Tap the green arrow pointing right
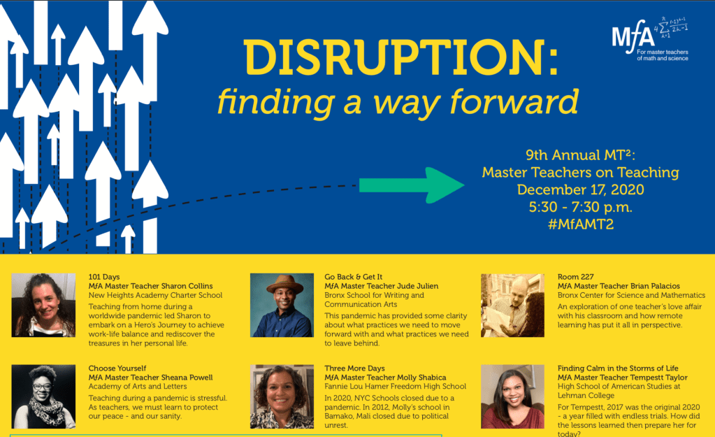[x=412, y=185]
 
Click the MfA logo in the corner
[x=650, y=40]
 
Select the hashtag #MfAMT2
[x=581, y=224]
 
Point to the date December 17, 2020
[x=581, y=189]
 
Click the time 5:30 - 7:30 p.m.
[x=581, y=207]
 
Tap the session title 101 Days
[x=104, y=277]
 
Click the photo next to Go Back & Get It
[x=282, y=305]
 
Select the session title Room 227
[x=575, y=277]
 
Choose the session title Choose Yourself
[x=117, y=368]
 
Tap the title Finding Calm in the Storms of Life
[x=618, y=368]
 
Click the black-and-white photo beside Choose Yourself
[x=43, y=396]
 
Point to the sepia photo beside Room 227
[x=512, y=305]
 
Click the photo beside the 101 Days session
[x=43, y=305]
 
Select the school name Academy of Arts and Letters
[x=137, y=387]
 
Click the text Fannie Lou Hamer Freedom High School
[x=396, y=387]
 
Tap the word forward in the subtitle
[x=514, y=101]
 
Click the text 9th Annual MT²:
[x=581, y=155]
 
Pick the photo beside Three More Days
[x=282, y=396]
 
